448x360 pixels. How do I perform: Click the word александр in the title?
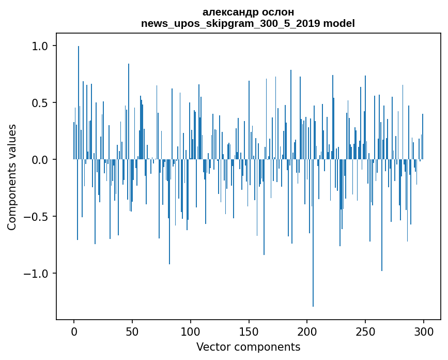(x=225, y=12)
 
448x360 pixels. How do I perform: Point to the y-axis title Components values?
(x=12, y=177)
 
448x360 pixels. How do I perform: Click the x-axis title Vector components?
(x=248, y=347)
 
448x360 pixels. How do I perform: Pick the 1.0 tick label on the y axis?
(x=40, y=46)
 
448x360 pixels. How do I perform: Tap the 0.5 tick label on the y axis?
(x=40, y=103)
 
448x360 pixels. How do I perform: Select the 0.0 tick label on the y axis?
(x=40, y=160)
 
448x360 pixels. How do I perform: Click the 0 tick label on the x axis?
(x=74, y=331)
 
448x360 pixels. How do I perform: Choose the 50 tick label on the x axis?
(x=132, y=331)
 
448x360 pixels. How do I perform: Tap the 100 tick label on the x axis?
(x=191, y=331)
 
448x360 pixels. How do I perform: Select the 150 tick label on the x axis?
(x=249, y=331)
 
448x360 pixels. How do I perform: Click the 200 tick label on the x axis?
(x=307, y=331)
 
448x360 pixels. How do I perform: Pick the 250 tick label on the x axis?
(x=365, y=331)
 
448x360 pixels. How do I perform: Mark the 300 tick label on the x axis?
(x=424, y=331)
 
